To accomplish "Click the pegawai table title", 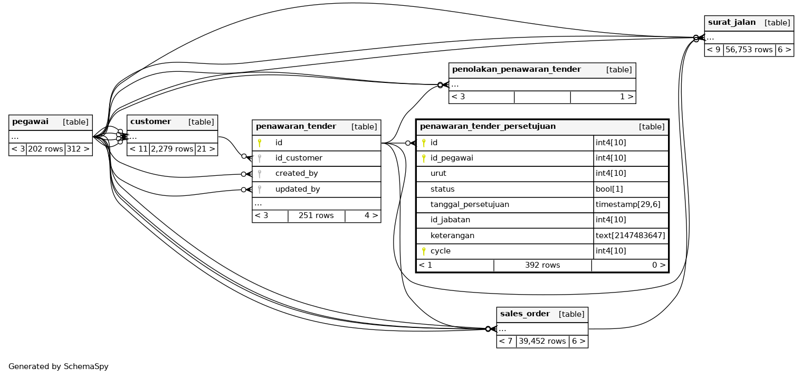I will click(30, 122).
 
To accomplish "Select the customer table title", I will click(150, 122).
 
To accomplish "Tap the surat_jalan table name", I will click(731, 23).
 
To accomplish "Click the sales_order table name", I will click(524, 314).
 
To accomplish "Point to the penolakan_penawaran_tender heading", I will click(516, 70).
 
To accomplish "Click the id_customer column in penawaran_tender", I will click(298, 158).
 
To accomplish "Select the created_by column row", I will click(296, 174).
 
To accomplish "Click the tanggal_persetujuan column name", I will click(470, 204).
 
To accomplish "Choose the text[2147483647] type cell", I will click(630, 235).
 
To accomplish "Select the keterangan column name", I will click(452, 235).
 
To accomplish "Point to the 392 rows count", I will click(542, 265).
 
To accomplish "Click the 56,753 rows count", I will click(749, 50).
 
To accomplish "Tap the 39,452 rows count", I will click(542, 341).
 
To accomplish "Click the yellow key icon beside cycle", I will click(423, 251).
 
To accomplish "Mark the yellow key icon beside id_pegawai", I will click(423, 158).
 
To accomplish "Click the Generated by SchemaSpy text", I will click(58, 366).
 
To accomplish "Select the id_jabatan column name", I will click(450, 220).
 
